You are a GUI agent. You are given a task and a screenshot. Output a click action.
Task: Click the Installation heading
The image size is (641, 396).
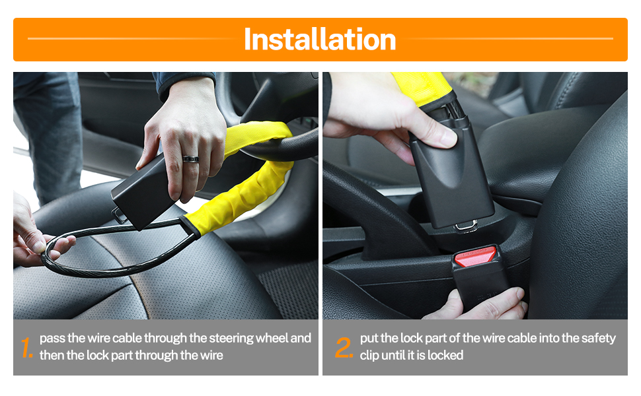coord(320,40)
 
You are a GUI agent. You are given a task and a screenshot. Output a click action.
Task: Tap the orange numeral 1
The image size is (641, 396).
coord(26,347)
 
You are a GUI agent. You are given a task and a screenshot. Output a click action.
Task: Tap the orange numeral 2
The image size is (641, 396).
coord(344,347)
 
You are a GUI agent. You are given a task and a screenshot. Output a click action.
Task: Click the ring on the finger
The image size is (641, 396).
coord(190,159)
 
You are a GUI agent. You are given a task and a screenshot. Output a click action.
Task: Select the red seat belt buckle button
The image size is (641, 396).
coord(475,257)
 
